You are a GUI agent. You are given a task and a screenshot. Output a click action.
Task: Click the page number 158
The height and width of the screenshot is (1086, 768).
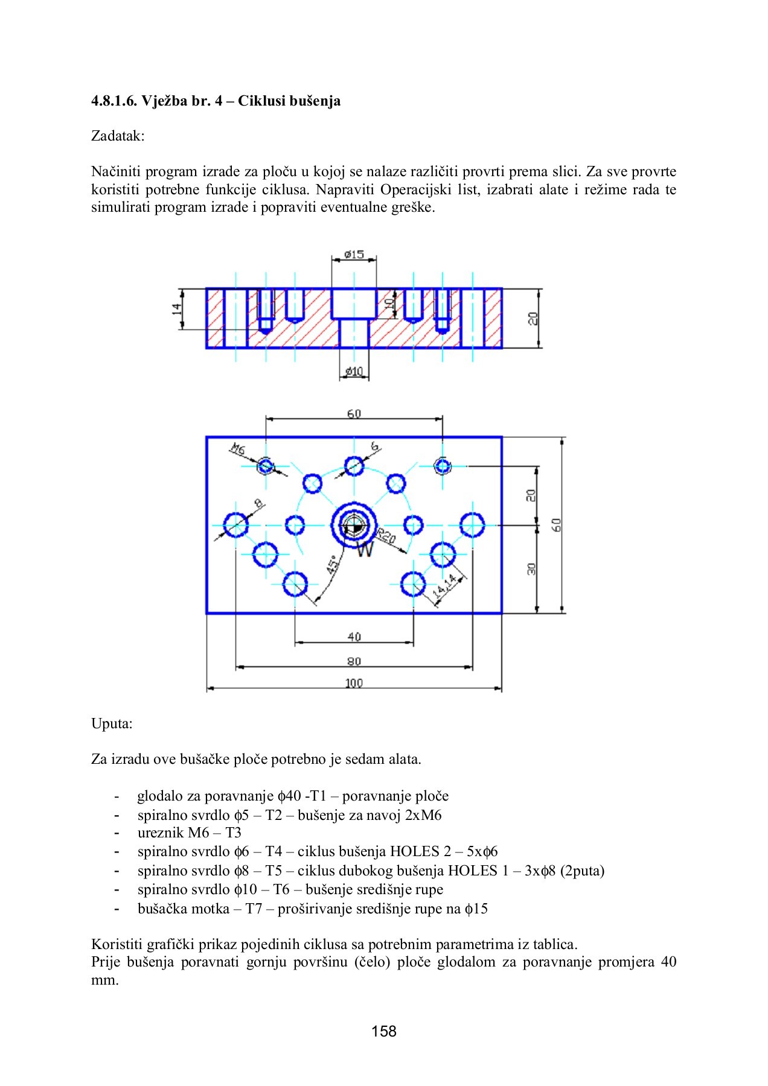click(384, 1031)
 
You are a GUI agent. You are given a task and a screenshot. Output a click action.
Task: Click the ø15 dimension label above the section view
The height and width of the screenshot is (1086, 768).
click(354, 255)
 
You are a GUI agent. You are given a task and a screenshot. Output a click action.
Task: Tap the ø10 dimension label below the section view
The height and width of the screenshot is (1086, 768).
click(354, 371)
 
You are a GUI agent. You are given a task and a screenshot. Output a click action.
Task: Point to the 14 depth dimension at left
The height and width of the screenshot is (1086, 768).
click(176, 308)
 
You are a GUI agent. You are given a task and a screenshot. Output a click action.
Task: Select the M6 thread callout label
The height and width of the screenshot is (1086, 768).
click(237, 449)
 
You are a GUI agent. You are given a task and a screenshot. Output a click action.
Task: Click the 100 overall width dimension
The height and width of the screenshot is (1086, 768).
click(354, 683)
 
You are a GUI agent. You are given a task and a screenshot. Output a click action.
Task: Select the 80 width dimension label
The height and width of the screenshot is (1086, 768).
click(354, 661)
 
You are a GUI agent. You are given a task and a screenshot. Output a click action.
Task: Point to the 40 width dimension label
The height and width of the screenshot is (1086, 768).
click(354, 637)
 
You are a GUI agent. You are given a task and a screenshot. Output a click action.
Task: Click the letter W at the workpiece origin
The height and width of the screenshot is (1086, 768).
click(365, 549)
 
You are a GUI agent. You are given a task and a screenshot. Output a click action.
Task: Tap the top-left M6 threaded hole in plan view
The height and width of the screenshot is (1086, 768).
click(266, 466)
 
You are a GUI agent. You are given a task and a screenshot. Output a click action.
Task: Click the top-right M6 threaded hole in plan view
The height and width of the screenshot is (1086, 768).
click(443, 466)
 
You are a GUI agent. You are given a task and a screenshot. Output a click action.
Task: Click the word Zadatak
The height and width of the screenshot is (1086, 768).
click(118, 136)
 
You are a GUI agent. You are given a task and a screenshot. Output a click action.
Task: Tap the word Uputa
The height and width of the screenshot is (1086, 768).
click(112, 723)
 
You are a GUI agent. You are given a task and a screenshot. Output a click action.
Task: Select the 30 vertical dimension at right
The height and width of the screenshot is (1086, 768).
click(531, 569)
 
